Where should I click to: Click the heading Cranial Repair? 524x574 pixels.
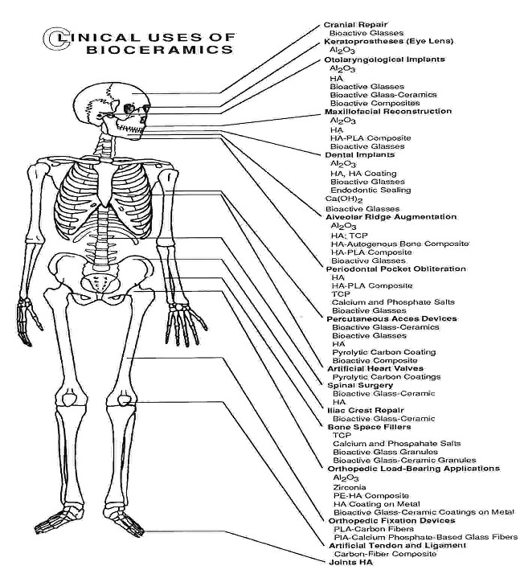click(355, 25)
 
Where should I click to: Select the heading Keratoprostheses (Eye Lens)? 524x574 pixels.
click(389, 41)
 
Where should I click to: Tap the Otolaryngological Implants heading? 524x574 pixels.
click(385, 59)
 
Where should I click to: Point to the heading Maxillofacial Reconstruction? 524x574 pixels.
click(388, 111)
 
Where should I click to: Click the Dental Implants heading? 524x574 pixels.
click(360, 154)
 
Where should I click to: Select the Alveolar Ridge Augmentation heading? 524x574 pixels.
click(391, 217)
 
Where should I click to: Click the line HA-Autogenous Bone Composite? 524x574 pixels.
click(399, 244)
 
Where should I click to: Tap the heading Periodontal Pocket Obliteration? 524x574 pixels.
click(396, 269)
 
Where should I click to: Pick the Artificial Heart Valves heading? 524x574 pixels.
click(375, 369)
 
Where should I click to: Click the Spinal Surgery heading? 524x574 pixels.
click(360, 385)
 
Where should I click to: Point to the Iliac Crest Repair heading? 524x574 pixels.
click(366, 410)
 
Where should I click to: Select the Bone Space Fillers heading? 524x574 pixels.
click(369, 427)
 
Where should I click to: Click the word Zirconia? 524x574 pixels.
click(350, 487)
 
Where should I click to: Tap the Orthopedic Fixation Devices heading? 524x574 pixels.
click(392, 521)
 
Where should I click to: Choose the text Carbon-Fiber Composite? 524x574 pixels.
click(385, 554)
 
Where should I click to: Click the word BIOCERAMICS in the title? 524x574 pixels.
click(160, 50)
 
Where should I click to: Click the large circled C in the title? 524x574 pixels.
click(57, 38)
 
